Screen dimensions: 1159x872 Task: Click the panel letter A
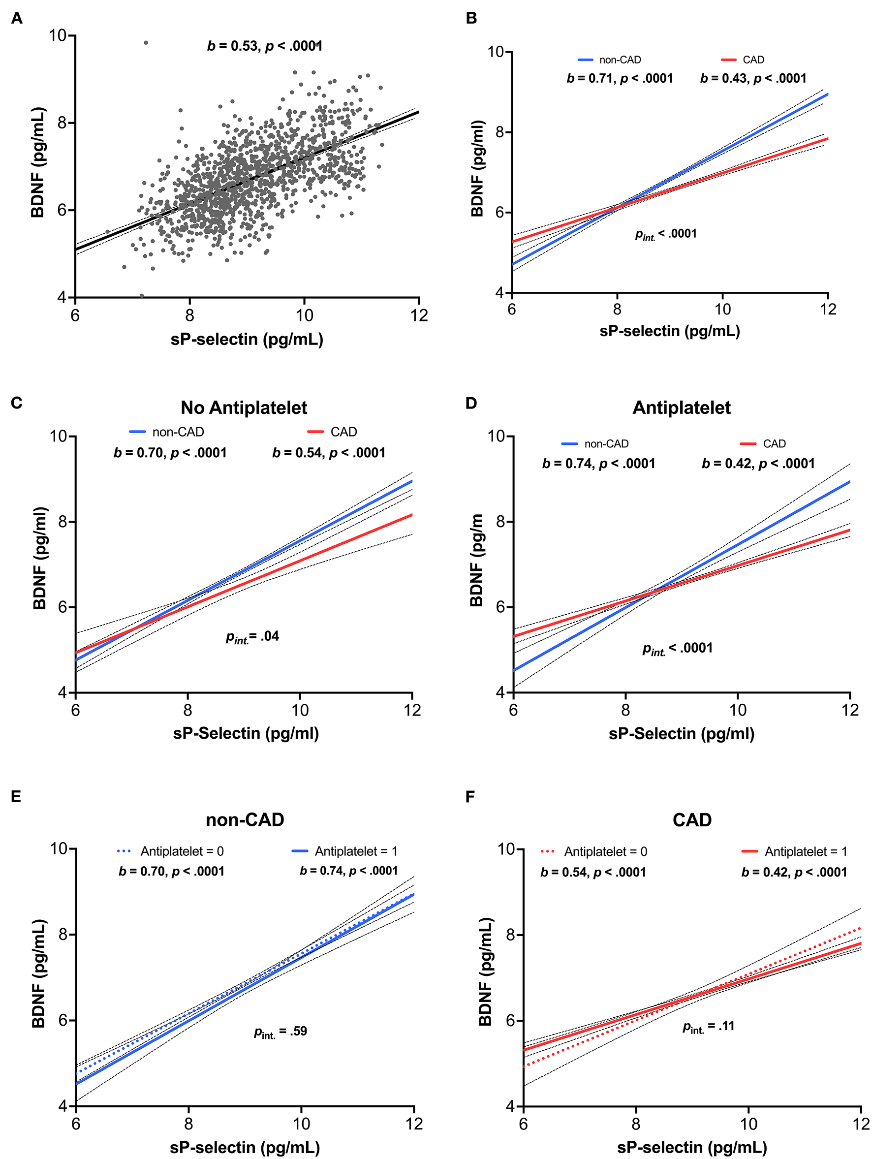coord(17,18)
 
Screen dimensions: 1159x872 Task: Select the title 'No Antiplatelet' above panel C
coord(244,407)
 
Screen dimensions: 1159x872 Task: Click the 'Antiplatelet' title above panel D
coord(681,407)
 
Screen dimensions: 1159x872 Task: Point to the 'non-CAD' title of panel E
coord(245,819)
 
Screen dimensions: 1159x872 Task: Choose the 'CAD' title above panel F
coord(692,819)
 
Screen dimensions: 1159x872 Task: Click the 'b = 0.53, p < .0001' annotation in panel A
coord(265,46)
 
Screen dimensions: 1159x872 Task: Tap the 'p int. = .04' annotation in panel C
coord(252,637)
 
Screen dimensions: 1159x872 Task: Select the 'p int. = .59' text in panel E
coord(280,1032)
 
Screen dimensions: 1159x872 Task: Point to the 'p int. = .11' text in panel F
coord(708,1027)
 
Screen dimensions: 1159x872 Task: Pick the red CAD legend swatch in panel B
coord(729,60)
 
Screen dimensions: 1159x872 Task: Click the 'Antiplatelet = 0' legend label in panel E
coord(182,851)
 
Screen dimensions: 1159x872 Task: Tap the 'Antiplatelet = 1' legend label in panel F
coord(806,852)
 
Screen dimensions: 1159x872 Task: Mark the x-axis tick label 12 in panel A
coord(419,315)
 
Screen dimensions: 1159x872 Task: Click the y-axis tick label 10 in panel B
coord(499,52)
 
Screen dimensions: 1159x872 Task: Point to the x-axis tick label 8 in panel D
coord(625,711)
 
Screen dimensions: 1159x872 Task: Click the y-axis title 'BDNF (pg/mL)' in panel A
coord(38,162)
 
